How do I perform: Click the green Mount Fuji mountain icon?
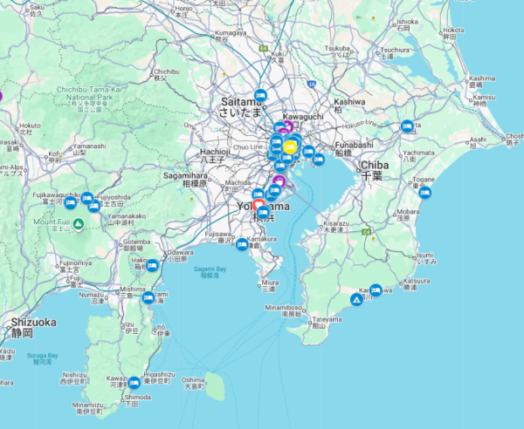79,224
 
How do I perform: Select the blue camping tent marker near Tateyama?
356,299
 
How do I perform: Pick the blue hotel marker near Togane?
424,192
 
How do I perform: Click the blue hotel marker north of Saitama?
259,95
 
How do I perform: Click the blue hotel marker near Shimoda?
134,382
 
